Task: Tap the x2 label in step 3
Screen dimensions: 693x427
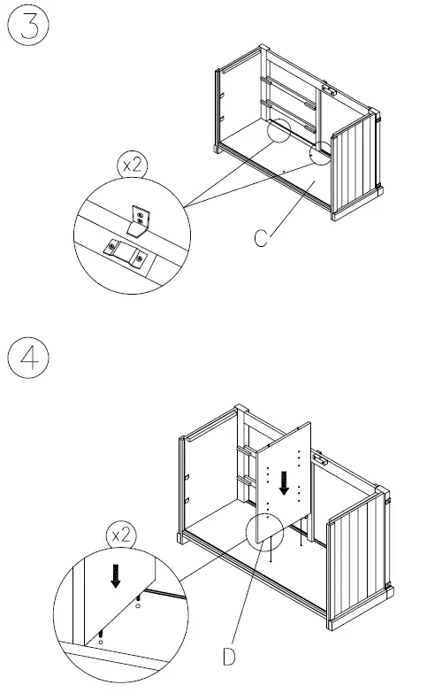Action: pos(133,166)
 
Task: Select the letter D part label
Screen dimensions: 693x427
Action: pos(228,658)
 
